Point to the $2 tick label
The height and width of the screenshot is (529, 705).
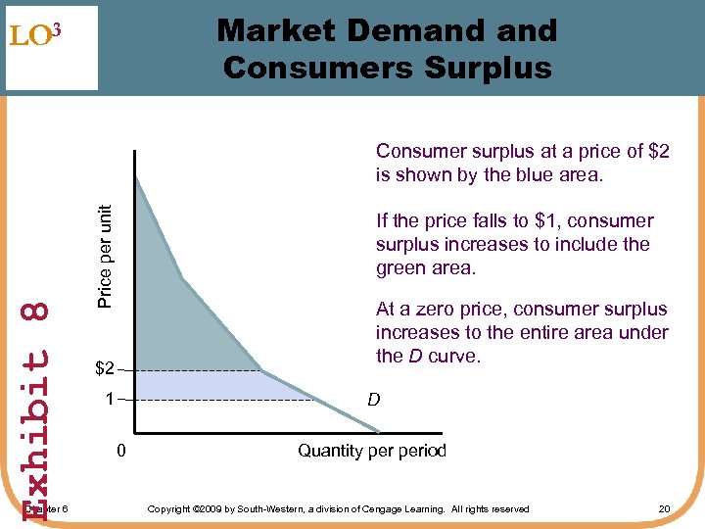coord(105,370)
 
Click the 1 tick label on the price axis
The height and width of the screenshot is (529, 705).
coord(111,400)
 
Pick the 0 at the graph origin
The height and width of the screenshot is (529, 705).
coord(119,452)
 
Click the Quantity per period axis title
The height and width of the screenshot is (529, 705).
coord(371,451)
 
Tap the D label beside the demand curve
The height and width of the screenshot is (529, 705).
coord(374,400)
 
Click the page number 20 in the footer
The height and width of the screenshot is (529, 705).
coord(664,508)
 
